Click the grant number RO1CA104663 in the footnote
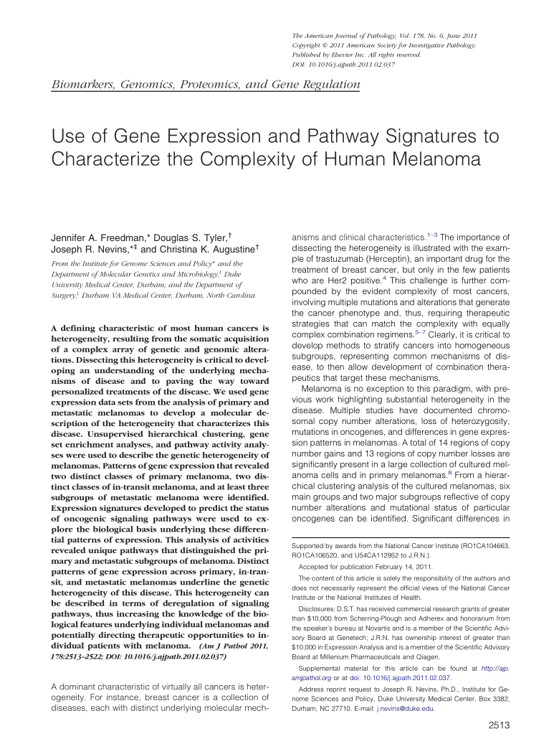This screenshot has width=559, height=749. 483,546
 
